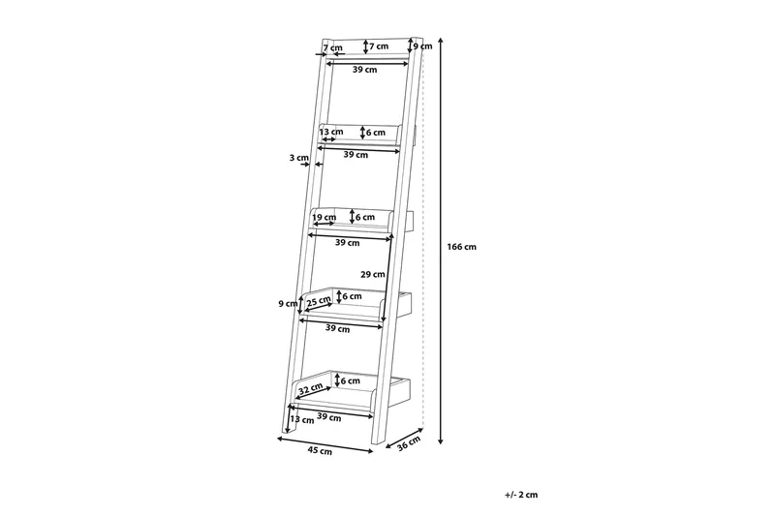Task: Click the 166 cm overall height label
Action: (x=462, y=247)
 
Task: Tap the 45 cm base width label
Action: (x=320, y=451)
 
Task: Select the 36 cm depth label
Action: (x=409, y=443)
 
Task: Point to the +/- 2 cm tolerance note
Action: (x=521, y=495)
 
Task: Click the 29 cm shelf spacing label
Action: (x=373, y=275)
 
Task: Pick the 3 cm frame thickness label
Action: (x=299, y=158)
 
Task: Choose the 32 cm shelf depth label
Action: (x=311, y=389)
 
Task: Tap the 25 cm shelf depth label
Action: (x=319, y=301)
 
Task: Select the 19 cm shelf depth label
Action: (x=325, y=217)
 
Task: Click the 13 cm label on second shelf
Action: (x=331, y=132)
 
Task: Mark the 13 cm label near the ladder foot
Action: (x=302, y=420)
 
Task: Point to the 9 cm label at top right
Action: (x=422, y=46)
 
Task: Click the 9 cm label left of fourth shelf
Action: (x=288, y=304)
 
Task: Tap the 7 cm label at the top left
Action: (x=332, y=47)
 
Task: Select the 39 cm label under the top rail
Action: (x=365, y=70)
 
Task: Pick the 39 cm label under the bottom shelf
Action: (x=329, y=418)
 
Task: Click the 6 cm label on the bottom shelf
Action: (x=351, y=380)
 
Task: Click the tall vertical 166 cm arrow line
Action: (x=441, y=240)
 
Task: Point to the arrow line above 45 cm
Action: (x=325, y=444)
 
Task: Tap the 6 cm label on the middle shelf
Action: (x=365, y=217)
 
